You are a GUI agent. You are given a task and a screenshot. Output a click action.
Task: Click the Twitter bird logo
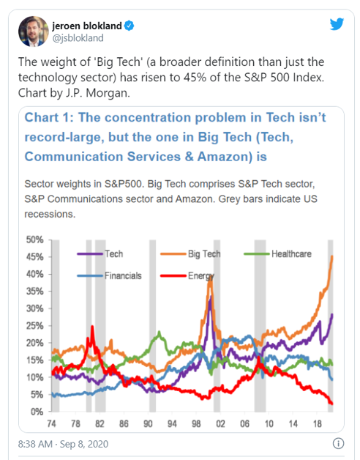336,24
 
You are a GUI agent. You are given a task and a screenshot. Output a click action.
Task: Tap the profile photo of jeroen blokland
31,30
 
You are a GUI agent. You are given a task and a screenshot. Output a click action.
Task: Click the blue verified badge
130,24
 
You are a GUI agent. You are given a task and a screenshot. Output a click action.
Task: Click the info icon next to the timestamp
339,444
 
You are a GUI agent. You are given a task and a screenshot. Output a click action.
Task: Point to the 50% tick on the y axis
35,240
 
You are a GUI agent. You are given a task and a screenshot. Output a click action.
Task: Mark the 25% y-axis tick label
35,325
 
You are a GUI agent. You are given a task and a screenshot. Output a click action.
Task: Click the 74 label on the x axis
52,424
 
